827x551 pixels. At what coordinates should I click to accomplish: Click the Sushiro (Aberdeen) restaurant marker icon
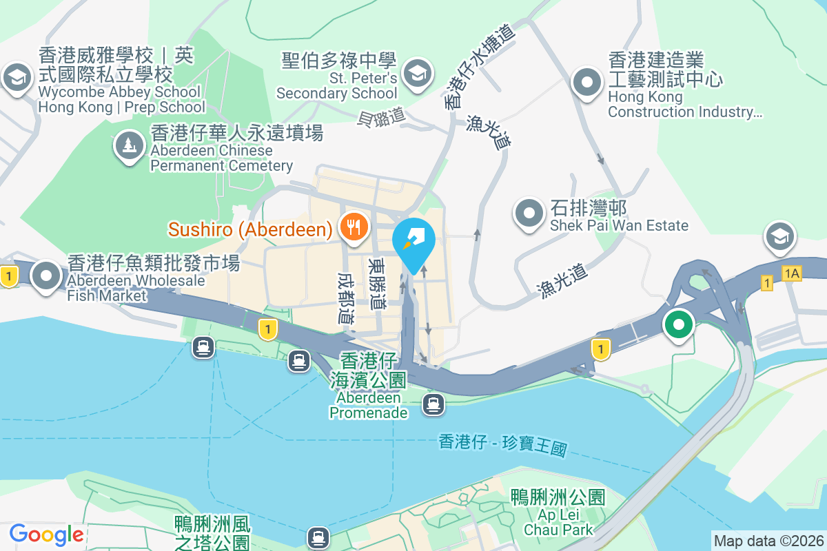[x=354, y=227]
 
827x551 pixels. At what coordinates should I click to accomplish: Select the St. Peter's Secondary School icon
[x=417, y=72]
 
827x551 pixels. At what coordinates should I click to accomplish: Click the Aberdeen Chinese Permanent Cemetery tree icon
[x=129, y=145]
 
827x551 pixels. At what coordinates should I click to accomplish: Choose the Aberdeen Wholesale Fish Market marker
[x=47, y=275]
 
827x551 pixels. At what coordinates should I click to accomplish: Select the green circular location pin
[x=678, y=324]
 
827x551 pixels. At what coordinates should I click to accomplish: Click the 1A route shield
[x=792, y=274]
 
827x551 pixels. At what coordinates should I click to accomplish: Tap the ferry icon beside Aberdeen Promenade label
[x=433, y=403]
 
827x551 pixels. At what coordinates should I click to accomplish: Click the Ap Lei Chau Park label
[x=558, y=513]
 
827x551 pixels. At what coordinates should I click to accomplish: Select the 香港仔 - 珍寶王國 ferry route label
[x=502, y=446]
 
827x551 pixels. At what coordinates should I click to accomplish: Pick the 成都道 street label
[x=345, y=298]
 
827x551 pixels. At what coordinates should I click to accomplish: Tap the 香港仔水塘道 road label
[x=480, y=68]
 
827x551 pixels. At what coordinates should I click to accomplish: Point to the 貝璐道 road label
[x=381, y=118]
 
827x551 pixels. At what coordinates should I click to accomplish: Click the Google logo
[x=46, y=534]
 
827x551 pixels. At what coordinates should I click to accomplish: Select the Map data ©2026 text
[x=768, y=541]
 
